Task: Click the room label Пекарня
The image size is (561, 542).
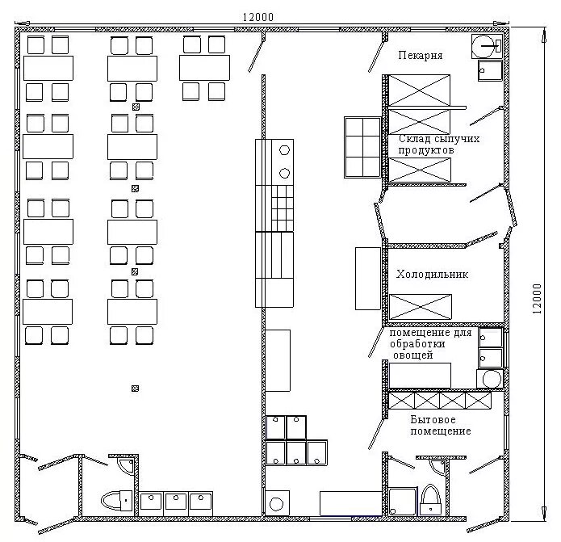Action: pyautogui.click(x=421, y=56)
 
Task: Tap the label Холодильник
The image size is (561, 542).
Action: pyautogui.click(x=432, y=275)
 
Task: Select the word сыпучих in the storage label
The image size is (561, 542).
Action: pyautogui.click(x=457, y=139)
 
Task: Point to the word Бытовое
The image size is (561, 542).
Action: pyautogui.click(x=433, y=419)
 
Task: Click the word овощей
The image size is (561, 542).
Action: pyautogui.click(x=413, y=355)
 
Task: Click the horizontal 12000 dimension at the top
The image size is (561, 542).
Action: pyautogui.click(x=258, y=17)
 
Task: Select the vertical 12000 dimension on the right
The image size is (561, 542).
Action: pyautogui.click(x=537, y=299)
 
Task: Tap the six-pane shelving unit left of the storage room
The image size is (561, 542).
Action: pyautogui.click(x=362, y=147)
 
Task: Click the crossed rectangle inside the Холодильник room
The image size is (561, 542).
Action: pyautogui.click(x=421, y=307)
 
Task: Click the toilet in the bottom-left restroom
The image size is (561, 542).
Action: pyautogui.click(x=116, y=501)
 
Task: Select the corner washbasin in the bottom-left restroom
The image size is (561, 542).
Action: pyautogui.click(x=126, y=466)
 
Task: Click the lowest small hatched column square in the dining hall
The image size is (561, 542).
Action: pyautogui.click(x=136, y=389)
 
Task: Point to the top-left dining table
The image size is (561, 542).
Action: pyautogui.click(x=48, y=68)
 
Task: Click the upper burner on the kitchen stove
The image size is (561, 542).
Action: pyautogui.click(x=284, y=150)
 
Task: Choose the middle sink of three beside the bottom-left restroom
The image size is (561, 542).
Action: pyautogui.click(x=176, y=504)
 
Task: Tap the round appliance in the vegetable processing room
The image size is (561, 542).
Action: pyautogui.click(x=490, y=379)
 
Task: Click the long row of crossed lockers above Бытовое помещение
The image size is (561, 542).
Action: pyautogui.click(x=440, y=400)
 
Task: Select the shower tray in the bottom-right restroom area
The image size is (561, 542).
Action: pyautogui.click(x=402, y=502)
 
